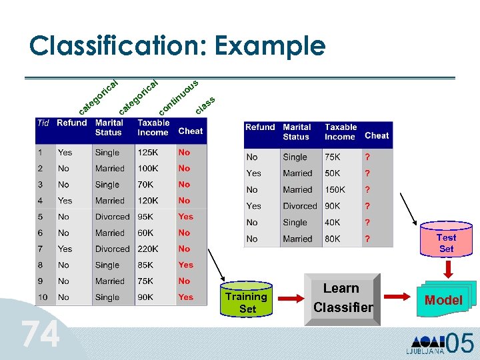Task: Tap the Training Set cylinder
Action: coord(247,301)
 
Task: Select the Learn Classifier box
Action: coord(342,298)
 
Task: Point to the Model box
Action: coord(443,300)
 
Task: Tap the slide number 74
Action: coord(39,335)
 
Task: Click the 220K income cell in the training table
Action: coord(148,249)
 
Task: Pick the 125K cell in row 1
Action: coord(148,152)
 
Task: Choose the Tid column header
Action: coord(43,123)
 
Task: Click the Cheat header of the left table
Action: coord(191,131)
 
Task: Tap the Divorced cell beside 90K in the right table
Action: coord(299,206)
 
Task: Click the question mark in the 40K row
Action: coord(367,223)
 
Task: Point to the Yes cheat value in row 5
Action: coord(186,217)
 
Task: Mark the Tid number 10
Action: coord(43,297)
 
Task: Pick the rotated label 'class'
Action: coord(205,105)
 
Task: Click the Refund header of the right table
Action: coord(260,127)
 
